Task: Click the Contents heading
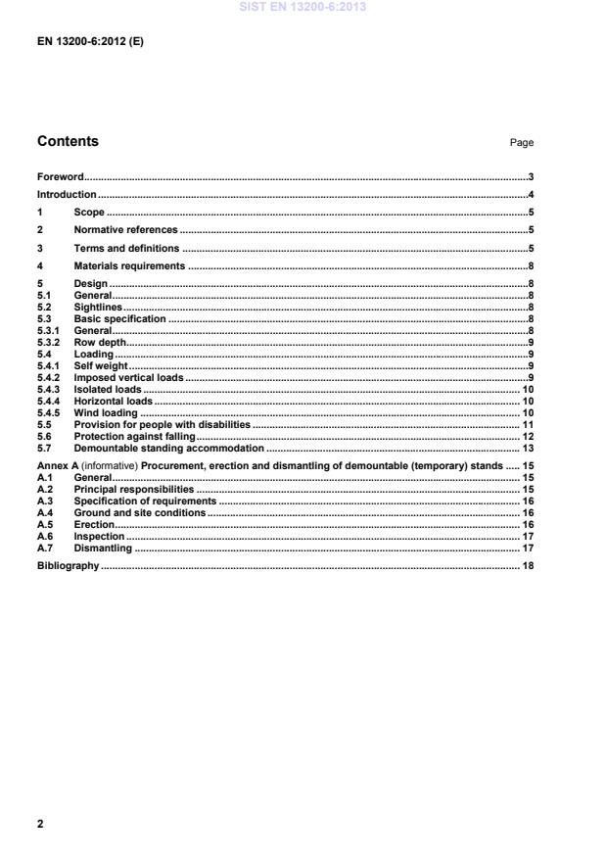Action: pos(68,141)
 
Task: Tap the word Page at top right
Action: pos(521,143)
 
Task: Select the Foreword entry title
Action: pos(60,177)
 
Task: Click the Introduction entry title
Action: pos(67,195)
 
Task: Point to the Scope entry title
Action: pos(89,213)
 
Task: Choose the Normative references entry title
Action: pos(125,230)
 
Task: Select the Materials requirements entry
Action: pos(129,265)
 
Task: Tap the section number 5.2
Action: pos(43,307)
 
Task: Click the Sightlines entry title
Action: pos(98,307)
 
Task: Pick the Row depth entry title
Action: pos(101,342)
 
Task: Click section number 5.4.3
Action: pos(48,389)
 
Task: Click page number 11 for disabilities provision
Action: pos(527,424)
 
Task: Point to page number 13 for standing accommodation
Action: pos(527,448)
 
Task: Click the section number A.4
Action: pos(44,512)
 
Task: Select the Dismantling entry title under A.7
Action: pos(103,548)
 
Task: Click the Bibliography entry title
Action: pos(68,565)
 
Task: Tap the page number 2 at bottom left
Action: pos(40,824)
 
